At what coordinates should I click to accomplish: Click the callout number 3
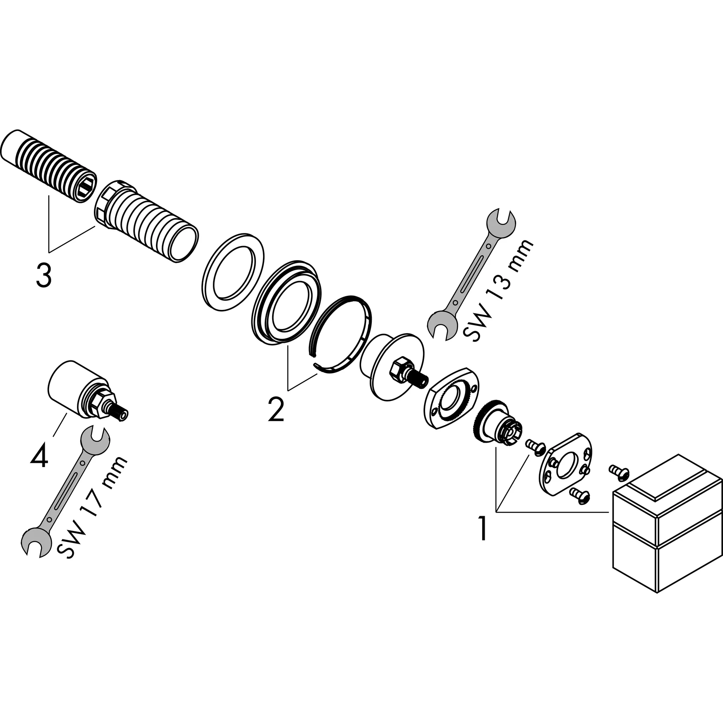[x=44, y=275]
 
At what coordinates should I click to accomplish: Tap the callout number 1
[x=483, y=528]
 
